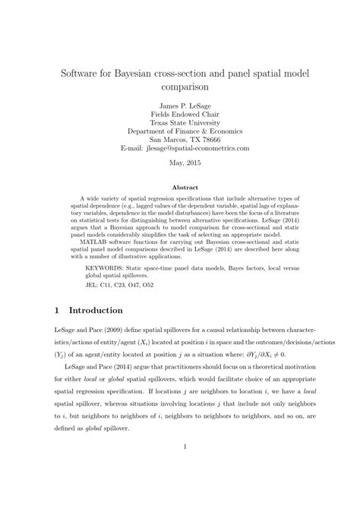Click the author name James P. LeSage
click(x=180, y=105)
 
